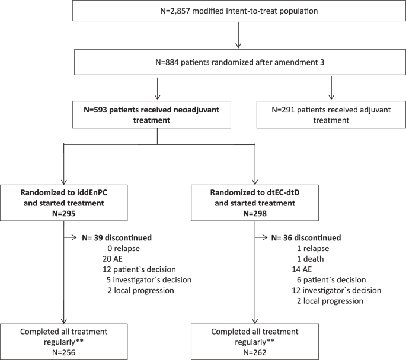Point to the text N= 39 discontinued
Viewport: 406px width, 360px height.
(x=117, y=237)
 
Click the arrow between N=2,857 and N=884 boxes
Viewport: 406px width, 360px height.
(x=237, y=37)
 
